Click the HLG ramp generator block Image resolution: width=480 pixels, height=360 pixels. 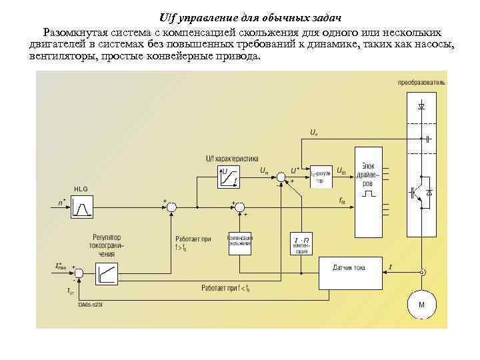click(83, 208)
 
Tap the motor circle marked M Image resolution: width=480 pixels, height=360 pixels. click(421, 305)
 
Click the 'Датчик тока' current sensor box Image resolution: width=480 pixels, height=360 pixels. click(349, 267)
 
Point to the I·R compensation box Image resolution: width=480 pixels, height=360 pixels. click(301, 244)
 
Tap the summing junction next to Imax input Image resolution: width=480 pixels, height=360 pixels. click(79, 273)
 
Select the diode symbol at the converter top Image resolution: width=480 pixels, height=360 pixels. click(421, 106)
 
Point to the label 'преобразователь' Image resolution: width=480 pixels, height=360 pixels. click(421, 83)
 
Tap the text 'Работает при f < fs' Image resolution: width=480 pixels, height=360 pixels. click(225, 288)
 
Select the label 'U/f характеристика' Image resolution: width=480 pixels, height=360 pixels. click(231, 159)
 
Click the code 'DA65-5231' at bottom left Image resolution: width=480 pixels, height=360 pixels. click(89, 305)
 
